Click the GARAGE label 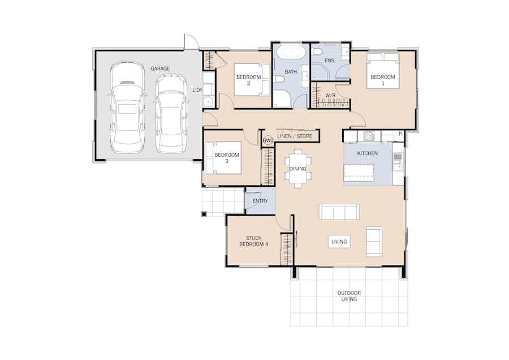point(160,68)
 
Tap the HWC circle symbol point(268,140)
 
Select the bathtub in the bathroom point(291,53)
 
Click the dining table point(298,168)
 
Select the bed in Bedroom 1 point(383,71)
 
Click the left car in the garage point(127,107)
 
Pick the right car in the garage point(171,113)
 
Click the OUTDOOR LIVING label point(349,296)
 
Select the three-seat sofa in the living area point(339,212)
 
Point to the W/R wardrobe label point(330,96)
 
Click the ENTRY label point(260,201)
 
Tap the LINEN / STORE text point(295,136)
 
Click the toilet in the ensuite point(318,53)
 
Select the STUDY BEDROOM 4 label point(253,241)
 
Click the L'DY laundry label point(197,89)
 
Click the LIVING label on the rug point(339,242)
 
